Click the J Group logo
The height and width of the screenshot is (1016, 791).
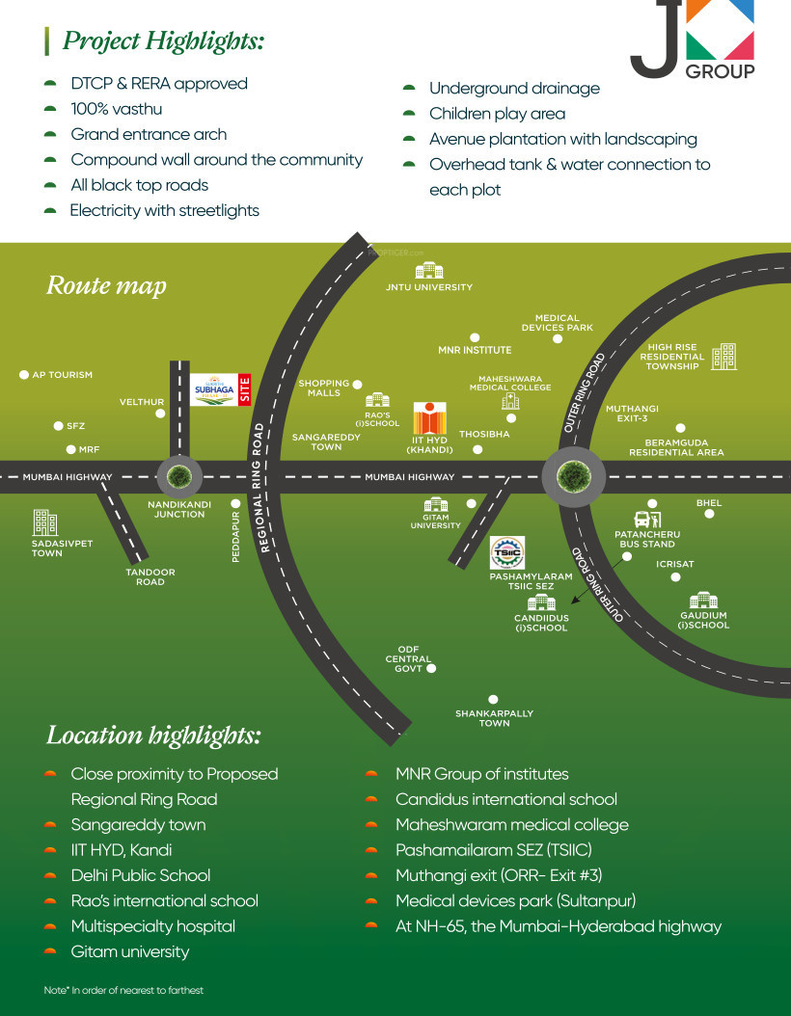pyautogui.click(x=693, y=40)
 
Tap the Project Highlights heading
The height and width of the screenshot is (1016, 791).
pyautogui.click(x=163, y=41)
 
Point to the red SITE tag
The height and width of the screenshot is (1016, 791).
pyautogui.click(x=245, y=388)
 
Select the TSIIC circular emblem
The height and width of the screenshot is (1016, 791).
pyautogui.click(x=507, y=552)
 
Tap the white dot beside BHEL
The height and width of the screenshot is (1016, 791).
pyautogui.click(x=709, y=514)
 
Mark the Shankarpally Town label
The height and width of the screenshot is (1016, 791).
pyautogui.click(x=494, y=718)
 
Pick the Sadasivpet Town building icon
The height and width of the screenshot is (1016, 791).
pyautogui.click(x=45, y=521)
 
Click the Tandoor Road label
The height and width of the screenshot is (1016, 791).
pyautogui.click(x=150, y=577)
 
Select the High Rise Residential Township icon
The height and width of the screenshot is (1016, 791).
pyautogui.click(x=723, y=357)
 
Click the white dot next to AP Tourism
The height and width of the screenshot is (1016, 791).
pyautogui.click(x=24, y=374)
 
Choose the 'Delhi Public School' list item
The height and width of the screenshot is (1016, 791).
pyautogui.click(x=141, y=875)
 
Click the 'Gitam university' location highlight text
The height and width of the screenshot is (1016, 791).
pyautogui.click(x=130, y=951)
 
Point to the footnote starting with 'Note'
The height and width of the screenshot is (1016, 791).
pyautogui.click(x=123, y=990)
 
